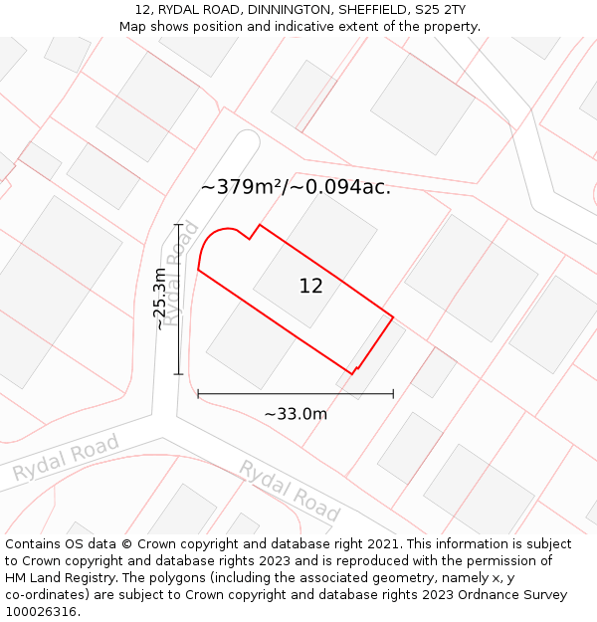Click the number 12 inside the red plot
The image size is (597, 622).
[x=310, y=287]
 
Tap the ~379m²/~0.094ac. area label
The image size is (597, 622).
[x=296, y=187]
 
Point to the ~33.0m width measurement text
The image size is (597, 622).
[x=296, y=414]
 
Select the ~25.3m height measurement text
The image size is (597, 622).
[x=159, y=299]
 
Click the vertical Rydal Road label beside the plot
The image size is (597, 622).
[x=180, y=273]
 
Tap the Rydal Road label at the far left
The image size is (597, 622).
[x=66, y=458]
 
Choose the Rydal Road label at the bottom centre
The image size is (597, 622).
[x=290, y=491]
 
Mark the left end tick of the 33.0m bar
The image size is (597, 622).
[x=198, y=394]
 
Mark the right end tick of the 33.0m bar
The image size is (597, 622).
[x=393, y=394]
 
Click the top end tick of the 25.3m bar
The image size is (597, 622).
[x=179, y=224]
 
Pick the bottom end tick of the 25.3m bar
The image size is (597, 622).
[x=179, y=374]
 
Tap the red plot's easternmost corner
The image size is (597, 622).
[x=393, y=317]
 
